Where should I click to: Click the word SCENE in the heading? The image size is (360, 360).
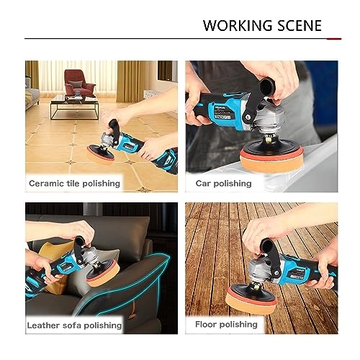click(300, 26)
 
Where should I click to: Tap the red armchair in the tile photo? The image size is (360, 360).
click(79, 83)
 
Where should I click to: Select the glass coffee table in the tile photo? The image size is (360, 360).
click(74, 107)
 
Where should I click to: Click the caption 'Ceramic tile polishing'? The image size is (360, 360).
click(74, 184)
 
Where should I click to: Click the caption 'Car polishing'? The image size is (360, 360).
click(223, 184)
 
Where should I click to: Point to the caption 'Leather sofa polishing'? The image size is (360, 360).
click(74, 325)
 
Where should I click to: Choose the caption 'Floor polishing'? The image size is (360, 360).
click(226, 325)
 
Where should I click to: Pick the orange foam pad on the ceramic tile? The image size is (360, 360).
click(100, 156)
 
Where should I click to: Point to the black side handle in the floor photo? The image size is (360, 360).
click(271, 257)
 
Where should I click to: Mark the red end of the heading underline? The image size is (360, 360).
click(334, 39)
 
